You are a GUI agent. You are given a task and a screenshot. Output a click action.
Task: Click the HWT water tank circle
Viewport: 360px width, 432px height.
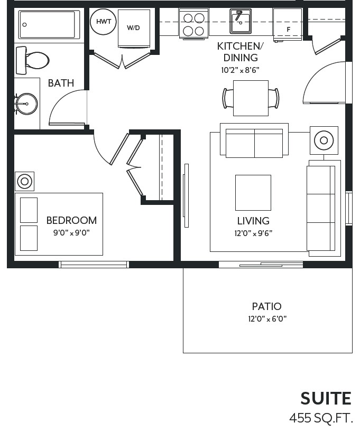(x=103, y=22)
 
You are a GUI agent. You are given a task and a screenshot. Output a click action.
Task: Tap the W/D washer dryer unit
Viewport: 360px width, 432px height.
(x=134, y=29)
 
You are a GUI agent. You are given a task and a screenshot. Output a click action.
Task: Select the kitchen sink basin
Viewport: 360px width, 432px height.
(x=241, y=21)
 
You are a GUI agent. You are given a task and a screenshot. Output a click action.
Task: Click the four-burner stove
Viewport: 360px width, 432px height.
(x=193, y=23)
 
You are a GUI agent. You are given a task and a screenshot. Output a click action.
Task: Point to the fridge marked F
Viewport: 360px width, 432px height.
(x=288, y=24)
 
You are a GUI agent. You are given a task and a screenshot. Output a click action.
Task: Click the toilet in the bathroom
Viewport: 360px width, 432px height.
(x=32, y=60)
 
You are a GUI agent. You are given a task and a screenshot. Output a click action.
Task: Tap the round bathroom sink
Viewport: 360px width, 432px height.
(x=26, y=104)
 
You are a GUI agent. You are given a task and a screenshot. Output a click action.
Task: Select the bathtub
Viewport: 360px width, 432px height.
(x=49, y=24)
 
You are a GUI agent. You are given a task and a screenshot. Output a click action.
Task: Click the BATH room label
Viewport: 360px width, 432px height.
(x=61, y=83)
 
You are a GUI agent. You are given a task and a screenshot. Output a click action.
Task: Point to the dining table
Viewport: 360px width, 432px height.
(x=251, y=98)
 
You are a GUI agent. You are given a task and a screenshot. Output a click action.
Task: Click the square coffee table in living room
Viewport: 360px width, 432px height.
(x=253, y=193)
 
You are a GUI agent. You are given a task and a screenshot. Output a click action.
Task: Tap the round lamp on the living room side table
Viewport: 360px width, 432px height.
(x=324, y=140)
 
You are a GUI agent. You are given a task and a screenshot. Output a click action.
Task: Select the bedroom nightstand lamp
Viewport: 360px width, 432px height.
(x=24, y=181)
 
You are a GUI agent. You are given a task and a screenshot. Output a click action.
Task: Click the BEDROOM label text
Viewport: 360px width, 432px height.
(x=71, y=220)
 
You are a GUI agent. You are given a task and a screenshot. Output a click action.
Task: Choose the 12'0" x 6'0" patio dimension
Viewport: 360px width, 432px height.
(x=267, y=319)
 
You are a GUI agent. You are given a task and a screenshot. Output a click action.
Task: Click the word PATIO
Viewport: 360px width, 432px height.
(x=266, y=306)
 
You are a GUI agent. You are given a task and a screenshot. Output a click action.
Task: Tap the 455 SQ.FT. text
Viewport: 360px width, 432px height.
(x=321, y=418)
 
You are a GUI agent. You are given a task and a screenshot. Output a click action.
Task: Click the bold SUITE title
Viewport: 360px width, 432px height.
(x=326, y=398)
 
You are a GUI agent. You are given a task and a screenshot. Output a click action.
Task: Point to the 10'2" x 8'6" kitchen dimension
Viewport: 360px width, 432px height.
(x=241, y=70)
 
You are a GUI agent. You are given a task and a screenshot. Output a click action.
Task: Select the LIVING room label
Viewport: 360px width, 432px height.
(x=253, y=221)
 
